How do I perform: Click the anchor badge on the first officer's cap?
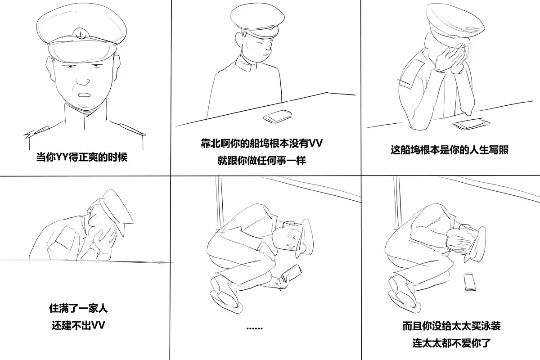tap(81, 35)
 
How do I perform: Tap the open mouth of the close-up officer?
tap(85, 95)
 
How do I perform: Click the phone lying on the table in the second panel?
tap(278, 117)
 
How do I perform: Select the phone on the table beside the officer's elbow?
tap(471, 124)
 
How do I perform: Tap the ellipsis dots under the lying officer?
tap(255, 328)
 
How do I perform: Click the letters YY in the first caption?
tap(62, 157)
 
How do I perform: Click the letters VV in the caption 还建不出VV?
tap(99, 325)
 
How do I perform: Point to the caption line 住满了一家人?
tap(78, 308)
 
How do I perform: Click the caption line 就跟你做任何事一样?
tap(262, 160)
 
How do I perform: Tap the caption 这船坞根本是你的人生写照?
tap(450, 150)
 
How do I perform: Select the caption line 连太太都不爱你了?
tap(451, 343)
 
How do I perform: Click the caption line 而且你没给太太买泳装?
tap(451, 326)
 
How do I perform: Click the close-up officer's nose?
tap(83, 81)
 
